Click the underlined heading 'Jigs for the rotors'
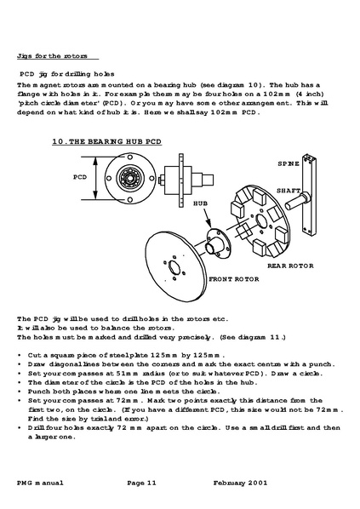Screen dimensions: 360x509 click(52, 56)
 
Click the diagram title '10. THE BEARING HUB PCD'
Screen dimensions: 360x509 click(106, 141)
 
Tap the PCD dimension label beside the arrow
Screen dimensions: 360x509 click(80, 177)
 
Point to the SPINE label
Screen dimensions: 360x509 click(289, 163)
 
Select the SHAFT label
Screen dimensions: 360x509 click(289, 191)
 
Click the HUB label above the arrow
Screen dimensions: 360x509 click(200, 203)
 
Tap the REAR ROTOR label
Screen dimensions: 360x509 click(290, 266)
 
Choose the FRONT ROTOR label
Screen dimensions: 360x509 click(234, 279)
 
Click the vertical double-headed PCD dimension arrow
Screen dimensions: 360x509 click(96, 178)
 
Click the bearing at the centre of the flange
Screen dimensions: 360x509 click(130, 178)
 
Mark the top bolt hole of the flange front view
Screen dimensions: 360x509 click(130, 157)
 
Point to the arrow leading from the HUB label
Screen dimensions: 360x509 click(207, 218)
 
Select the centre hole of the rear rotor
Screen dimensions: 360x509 click(261, 220)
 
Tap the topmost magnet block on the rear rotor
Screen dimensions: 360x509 click(260, 196)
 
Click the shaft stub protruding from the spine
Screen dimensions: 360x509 click(297, 201)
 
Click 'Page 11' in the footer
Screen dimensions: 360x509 click(141, 483)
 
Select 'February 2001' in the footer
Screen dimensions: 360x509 click(241, 483)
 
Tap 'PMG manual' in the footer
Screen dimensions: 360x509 click(40, 483)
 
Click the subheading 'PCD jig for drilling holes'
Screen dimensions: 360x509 click(67, 74)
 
